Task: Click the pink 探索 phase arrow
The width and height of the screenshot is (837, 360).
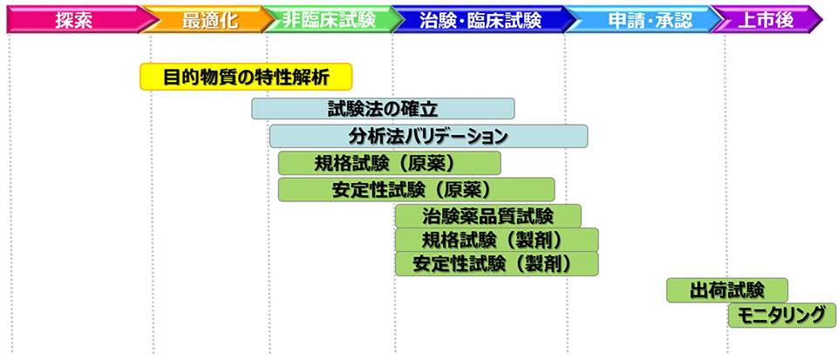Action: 74,18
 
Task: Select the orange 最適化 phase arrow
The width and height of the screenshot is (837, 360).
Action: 209,18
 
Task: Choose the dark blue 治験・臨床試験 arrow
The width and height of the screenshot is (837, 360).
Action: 480,18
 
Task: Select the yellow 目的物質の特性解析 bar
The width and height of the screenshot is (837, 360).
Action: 246,76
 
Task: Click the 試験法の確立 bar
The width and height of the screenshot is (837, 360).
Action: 383,109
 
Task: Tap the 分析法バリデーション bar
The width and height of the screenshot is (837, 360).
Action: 428,136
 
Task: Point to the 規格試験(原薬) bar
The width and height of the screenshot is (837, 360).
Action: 389,163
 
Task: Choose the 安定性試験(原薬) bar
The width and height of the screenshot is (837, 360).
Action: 416,189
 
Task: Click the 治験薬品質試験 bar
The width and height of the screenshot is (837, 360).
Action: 487,215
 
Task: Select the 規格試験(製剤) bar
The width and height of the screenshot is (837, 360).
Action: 496,240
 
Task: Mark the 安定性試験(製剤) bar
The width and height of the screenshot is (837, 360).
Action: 496,263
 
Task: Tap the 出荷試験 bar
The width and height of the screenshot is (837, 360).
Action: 726,290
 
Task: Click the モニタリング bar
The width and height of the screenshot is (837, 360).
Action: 781,316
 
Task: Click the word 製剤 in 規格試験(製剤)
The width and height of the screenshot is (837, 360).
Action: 545,240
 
